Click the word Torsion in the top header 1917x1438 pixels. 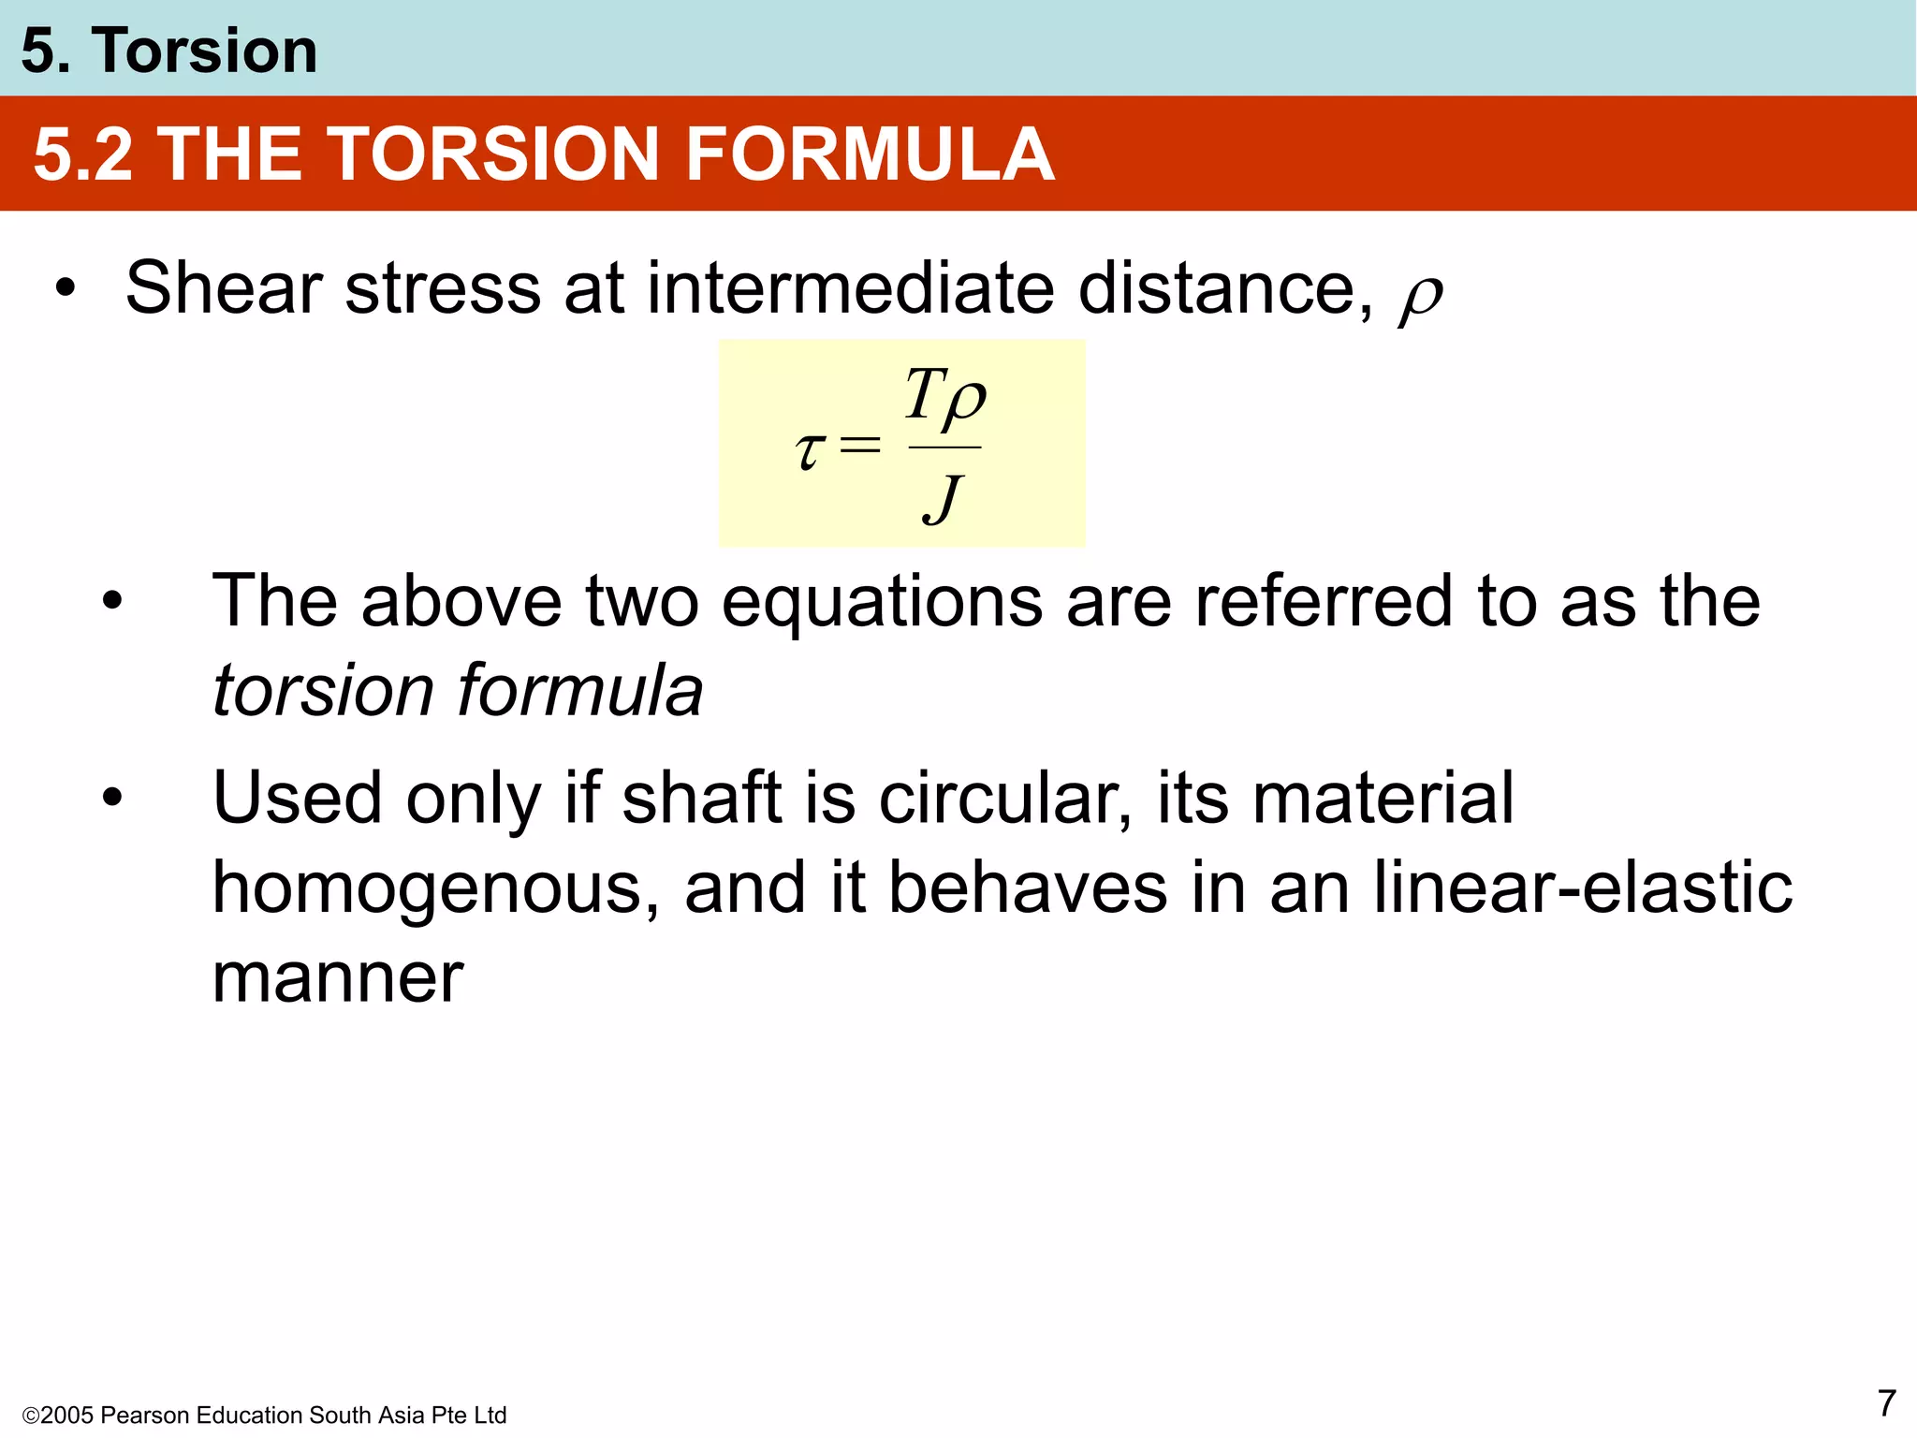pos(204,51)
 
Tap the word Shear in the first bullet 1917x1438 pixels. pos(224,288)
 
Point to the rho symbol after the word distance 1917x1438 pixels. pos(1421,298)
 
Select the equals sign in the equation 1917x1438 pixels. pos(860,445)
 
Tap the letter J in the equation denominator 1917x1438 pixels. pos(944,499)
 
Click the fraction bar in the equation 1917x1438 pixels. pos(944,448)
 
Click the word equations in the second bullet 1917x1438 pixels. pos(881,602)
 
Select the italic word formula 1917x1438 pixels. pos(579,691)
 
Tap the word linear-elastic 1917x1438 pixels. pos(1582,888)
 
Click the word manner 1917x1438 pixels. pos(338,978)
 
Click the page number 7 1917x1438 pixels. pos(1886,1403)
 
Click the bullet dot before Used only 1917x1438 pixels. pos(113,799)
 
